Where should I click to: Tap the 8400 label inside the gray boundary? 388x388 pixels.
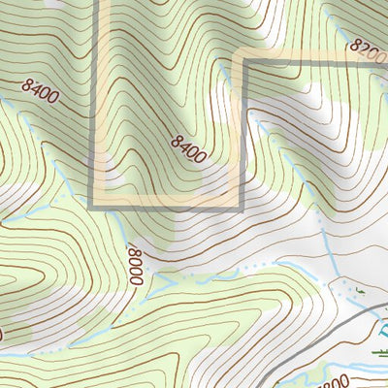coord(188,148)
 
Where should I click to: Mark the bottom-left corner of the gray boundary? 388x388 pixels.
coord(92,205)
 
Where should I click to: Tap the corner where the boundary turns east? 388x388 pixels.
coord(241,64)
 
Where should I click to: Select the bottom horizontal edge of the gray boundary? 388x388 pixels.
coord(165,205)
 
